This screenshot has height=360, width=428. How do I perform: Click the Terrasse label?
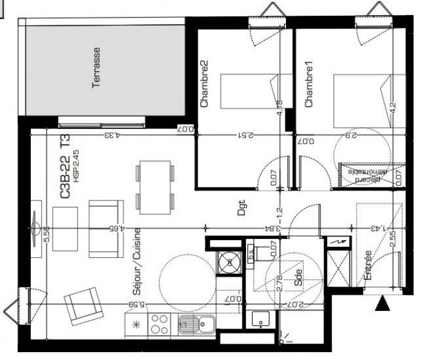(x=96, y=68)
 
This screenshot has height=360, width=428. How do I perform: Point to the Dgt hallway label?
(x=242, y=209)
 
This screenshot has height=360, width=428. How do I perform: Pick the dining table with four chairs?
(x=155, y=186)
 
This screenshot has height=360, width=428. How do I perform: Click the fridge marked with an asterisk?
(x=135, y=324)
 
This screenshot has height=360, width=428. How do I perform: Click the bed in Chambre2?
(x=248, y=91)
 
